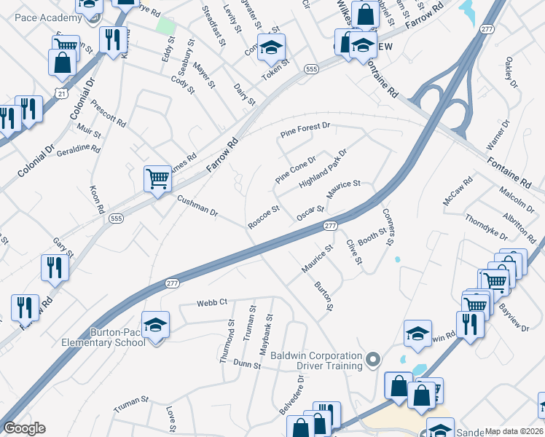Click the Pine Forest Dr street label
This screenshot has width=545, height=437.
point(305,131)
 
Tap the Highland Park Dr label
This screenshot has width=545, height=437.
point(323,168)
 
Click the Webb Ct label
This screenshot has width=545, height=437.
point(212,302)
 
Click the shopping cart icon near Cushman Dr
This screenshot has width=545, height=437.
point(157,178)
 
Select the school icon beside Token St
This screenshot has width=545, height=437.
point(271,49)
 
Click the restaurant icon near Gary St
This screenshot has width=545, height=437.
point(55,267)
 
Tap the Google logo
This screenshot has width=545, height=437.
point(25,428)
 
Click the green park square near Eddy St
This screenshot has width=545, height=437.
point(166,25)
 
